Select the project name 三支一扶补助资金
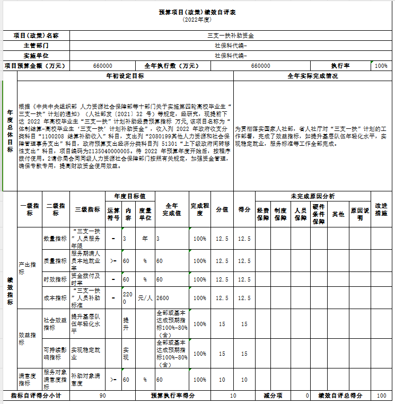230,36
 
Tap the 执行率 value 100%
381,66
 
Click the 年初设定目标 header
125,76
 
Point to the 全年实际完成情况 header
312,76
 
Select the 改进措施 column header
381,209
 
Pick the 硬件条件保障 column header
318,214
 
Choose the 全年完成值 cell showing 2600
163,298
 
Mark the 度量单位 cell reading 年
145,239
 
